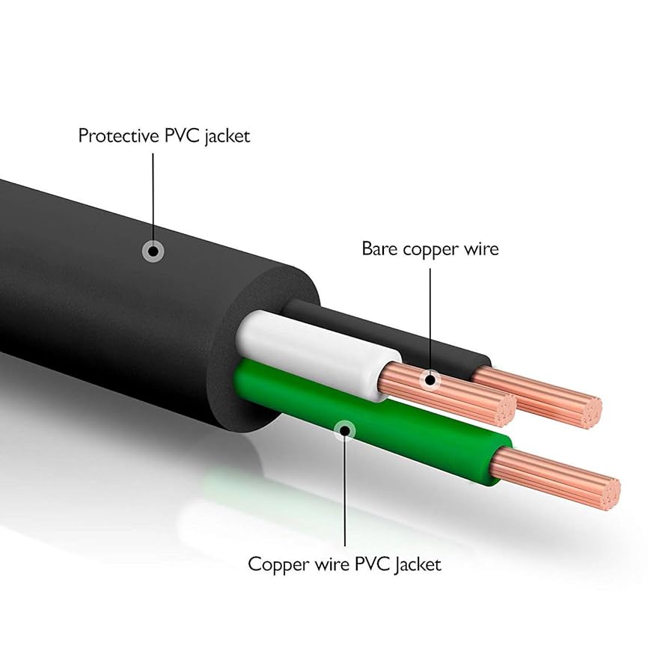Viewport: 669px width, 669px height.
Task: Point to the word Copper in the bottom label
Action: coord(274,563)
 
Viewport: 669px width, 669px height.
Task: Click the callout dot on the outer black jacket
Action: coord(153,251)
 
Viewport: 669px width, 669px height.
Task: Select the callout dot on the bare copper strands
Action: coord(430,380)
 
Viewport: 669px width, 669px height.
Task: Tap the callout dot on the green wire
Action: coord(345,430)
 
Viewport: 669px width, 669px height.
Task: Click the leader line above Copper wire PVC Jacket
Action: coord(345,494)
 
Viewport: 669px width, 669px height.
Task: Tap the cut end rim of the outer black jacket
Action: coord(254,299)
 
